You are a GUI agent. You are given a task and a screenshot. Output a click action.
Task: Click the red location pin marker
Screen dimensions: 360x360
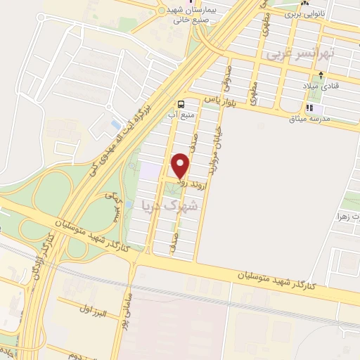[x=181, y=165]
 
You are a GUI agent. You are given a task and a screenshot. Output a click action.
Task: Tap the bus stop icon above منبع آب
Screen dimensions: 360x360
[x=182, y=103]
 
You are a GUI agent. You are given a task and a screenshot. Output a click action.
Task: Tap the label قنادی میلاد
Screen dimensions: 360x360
[x=321, y=86]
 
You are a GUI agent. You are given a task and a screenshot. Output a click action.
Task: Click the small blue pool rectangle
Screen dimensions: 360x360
[x=116, y=124]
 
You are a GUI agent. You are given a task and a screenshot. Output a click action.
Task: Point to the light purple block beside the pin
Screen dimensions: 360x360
[x=150, y=169]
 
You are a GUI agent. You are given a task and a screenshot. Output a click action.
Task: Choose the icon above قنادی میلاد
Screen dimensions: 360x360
[x=321, y=74]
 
